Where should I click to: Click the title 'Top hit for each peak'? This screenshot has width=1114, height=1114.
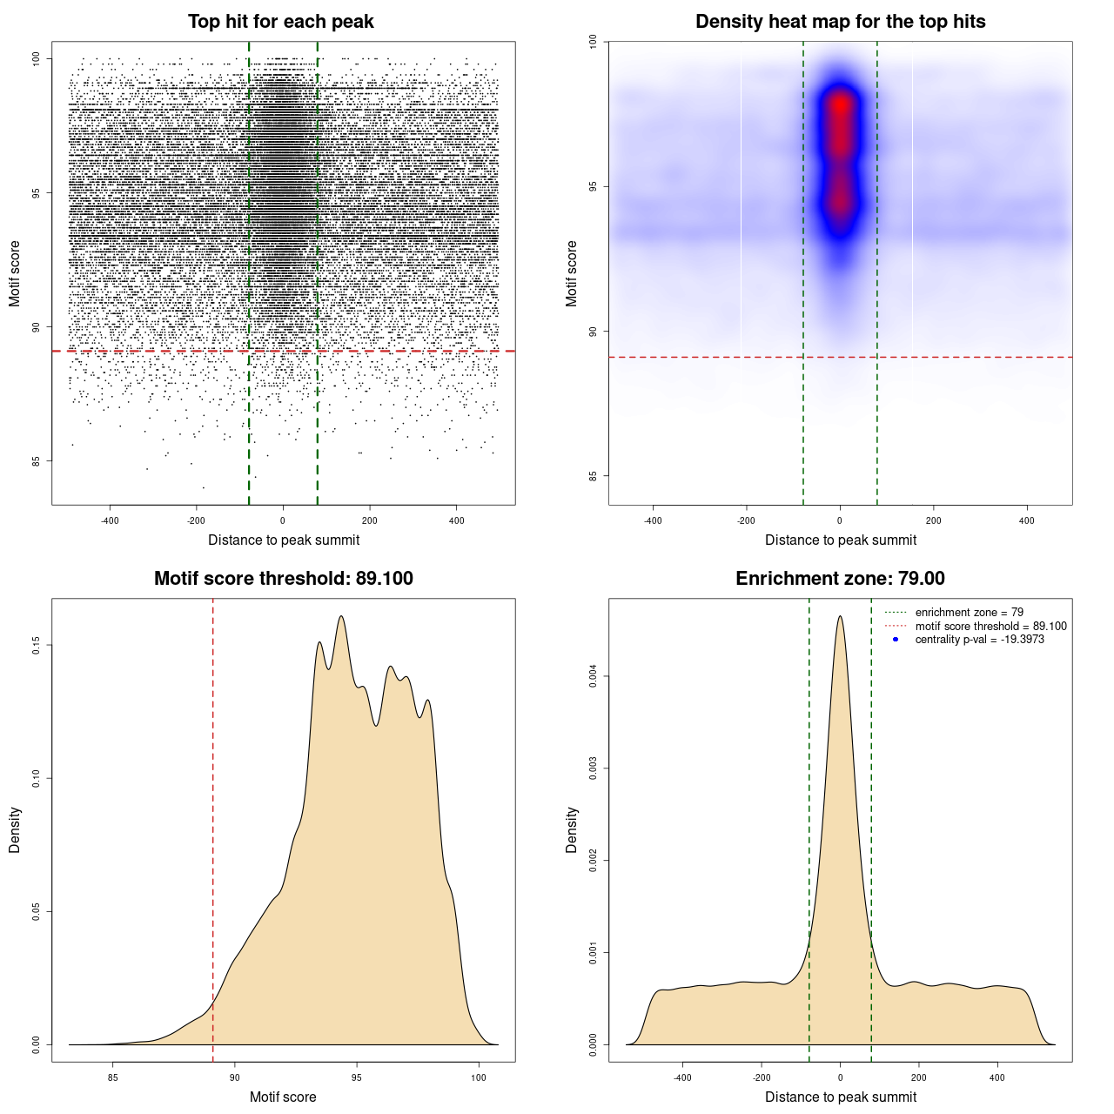(x=280, y=22)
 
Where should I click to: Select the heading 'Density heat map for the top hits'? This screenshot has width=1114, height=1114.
(x=840, y=22)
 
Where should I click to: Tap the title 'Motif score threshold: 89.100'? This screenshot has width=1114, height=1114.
(x=283, y=579)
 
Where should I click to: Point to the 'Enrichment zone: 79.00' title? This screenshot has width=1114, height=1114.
(x=840, y=579)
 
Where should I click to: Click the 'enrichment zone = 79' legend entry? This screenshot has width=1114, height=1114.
(x=969, y=613)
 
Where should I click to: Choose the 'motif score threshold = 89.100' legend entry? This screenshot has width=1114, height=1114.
(x=990, y=627)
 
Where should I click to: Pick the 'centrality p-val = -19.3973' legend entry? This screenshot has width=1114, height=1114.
(x=979, y=640)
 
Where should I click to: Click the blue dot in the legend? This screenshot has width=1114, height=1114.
(x=896, y=640)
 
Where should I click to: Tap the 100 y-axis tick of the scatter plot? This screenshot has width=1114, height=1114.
(x=37, y=58)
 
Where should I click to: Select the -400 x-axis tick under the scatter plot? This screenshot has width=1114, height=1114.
(x=110, y=520)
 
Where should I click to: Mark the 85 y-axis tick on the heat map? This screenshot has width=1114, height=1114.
(x=594, y=476)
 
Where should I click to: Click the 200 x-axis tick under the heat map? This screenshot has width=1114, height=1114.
(x=933, y=520)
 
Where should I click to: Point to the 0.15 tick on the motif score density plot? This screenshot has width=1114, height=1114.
(x=37, y=645)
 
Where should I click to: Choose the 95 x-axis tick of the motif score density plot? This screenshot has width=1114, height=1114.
(x=357, y=1077)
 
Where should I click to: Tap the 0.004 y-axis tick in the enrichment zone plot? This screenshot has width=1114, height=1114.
(x=594, y=676)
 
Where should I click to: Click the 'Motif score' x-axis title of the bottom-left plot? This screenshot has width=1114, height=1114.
(x=283, y=1097)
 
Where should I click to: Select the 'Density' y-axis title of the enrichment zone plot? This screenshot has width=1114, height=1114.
(x=572, y=829)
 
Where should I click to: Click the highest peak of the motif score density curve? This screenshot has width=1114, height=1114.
(x=341, y=616)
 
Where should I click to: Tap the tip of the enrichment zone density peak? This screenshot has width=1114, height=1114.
(x=840, y=616)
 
